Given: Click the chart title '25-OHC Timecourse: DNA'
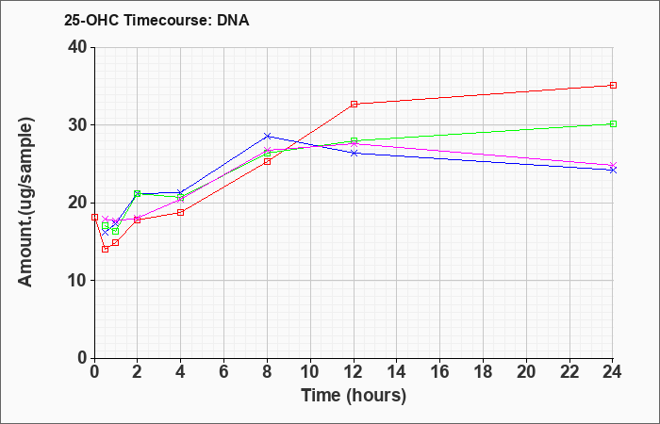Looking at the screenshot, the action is (157, 20).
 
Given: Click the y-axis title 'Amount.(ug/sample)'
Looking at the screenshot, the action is (26, 203).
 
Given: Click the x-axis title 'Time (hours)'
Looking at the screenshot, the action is (354, 396).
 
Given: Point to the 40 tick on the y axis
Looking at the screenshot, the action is (80, 47).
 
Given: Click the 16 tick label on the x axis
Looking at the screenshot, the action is (440, 372).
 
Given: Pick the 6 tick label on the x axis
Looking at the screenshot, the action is (224, 372).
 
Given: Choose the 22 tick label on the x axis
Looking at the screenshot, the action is (569, 372).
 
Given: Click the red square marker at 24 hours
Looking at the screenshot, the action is (613, 86).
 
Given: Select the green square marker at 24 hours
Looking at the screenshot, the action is (613, 124).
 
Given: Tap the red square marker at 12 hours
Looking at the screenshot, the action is (354, 104).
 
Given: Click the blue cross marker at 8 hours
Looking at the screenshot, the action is (267, 136).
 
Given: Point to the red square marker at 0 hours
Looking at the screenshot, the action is (94, 218).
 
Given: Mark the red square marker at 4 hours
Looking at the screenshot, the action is (181, 212).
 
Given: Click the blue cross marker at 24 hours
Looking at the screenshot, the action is (613, 170).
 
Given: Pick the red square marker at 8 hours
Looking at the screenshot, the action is (267, 161).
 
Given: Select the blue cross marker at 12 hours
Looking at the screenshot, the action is (354, 153).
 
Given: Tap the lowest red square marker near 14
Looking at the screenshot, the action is (106, 249).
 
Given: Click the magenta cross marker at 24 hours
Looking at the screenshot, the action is (613, 165).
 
